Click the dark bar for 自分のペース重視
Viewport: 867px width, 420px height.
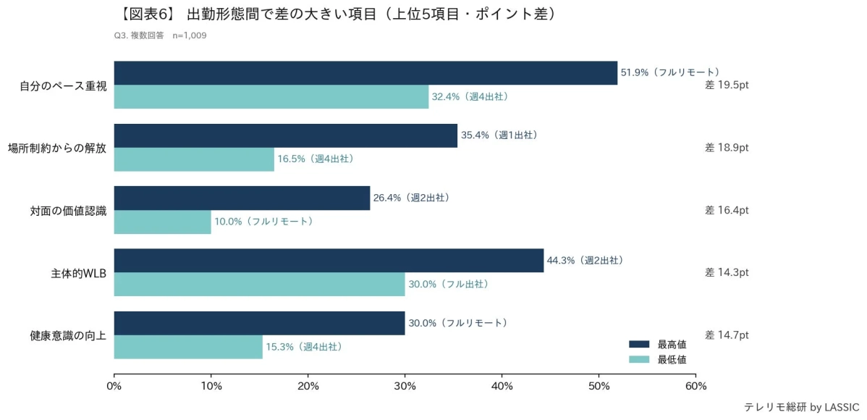click(365, 73)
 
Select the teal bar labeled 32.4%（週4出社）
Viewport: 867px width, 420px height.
click(271, 97)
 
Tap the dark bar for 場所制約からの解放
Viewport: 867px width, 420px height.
click(286, 135)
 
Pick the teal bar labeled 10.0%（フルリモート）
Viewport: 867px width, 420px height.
click(163, 222)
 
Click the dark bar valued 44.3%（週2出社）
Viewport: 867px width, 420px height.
click(329, 261)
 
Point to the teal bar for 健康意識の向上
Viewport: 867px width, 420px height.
click(188, 347)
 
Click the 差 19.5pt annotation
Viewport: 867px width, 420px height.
click(727, 85)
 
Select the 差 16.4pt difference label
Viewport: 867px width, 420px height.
click(727, 210)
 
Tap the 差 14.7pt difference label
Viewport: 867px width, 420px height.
click(727, 335)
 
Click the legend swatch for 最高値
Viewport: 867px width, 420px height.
click(640, 344)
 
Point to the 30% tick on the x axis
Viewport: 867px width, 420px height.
click(405, 385)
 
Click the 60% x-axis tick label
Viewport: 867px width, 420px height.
click(695, 385)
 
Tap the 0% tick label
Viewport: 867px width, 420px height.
click(114, 385)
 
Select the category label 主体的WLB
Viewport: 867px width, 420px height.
click(79, 273)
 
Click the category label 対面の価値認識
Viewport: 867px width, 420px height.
click(69, 211)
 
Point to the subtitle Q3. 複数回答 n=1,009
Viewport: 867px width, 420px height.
click(161, 35)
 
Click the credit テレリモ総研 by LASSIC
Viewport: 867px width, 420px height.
click(803, 407)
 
